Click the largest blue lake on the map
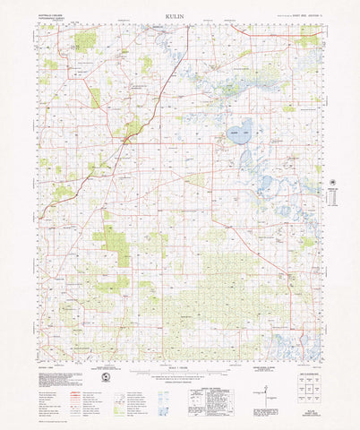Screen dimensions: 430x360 [x=238, y=131]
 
